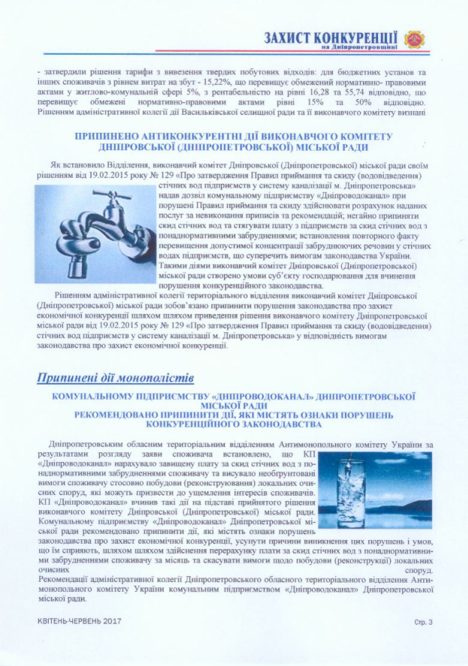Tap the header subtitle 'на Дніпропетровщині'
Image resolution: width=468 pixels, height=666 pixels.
coord(352,48)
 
